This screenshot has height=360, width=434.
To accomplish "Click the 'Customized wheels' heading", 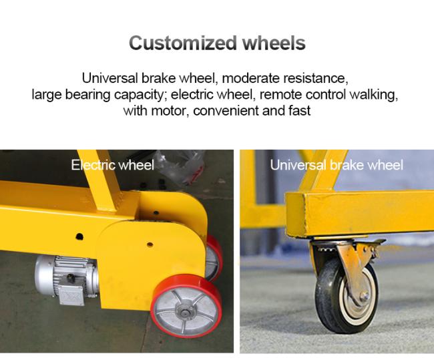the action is [x=217, y=43].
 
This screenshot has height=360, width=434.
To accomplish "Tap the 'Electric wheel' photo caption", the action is [x=112, y=166].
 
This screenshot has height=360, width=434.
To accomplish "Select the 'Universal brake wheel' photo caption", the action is [x=337, y=166].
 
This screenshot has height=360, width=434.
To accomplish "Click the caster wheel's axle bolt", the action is [x=365, y=297].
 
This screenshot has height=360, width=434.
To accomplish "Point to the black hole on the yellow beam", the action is [x=79, y=236].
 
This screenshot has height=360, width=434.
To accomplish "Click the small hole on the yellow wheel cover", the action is [x=150, y=244].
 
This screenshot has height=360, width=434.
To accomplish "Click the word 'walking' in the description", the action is [x=373, y=95].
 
